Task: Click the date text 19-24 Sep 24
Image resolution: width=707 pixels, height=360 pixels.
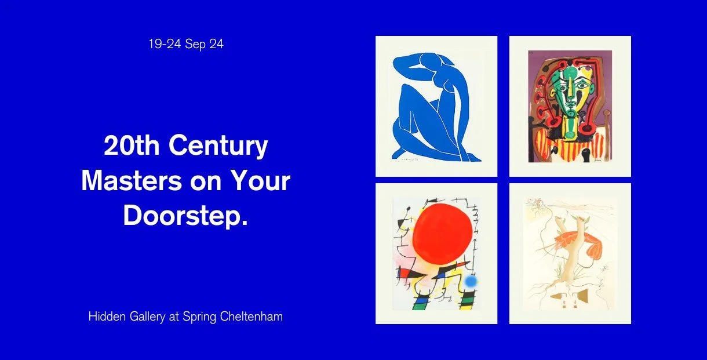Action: pyautogui.click(x=185, y=45)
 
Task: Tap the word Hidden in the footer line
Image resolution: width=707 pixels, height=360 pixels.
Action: pyautogui.click(x=104, y=317)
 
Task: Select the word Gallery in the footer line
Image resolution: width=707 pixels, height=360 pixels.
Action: pyautogui.click(x=142, y=317)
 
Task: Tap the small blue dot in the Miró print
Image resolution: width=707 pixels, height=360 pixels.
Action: pyautogui.click(x=470, y=282)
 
